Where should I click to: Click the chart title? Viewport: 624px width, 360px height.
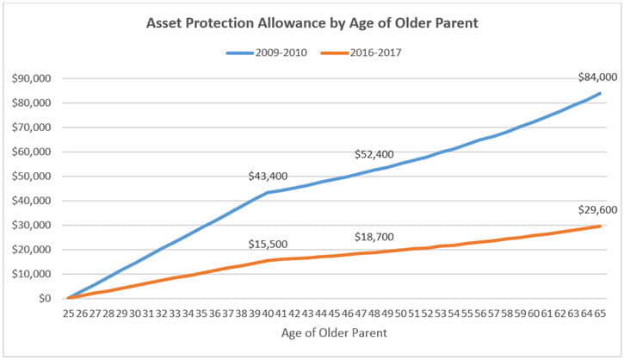click(x=312, y=22)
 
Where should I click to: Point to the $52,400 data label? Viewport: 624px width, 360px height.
click(x=374, y=154)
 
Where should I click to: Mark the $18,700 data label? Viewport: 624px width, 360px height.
click(x=374, y=236)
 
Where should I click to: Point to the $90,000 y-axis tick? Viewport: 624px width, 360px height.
click(x=32, y=78)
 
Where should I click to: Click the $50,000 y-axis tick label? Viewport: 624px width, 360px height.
click(x=32, y=177)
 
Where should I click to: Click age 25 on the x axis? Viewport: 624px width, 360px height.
click(x=67, y=314)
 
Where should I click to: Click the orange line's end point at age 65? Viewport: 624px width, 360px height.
click(x=600, y=227)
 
